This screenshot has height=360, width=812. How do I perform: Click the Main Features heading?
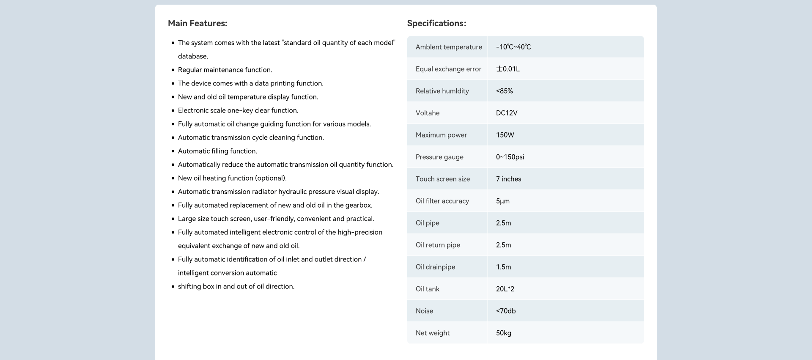197,23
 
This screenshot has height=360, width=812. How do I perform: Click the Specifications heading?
436,23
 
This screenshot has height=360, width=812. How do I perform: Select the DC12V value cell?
507,113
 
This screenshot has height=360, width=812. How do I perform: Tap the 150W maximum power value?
505,135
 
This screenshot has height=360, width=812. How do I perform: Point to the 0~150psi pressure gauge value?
510,157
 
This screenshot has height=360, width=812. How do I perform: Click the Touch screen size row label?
442,179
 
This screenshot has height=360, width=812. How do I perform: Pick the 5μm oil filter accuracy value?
502,201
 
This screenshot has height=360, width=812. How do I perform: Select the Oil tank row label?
427,289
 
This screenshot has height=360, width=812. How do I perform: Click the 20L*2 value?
505,289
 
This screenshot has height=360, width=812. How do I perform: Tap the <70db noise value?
505,311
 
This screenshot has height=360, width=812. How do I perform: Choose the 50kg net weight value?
503,333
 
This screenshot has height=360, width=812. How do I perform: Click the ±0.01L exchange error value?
507,69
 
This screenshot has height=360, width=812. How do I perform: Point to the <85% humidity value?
504,91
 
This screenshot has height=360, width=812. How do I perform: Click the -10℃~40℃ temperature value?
513,47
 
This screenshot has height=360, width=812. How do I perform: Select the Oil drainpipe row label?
435,267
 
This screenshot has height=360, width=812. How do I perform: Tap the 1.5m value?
503,267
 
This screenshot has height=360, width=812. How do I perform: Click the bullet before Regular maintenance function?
173,70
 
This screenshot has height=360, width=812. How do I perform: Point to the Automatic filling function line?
217,151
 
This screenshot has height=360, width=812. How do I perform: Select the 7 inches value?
508,179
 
